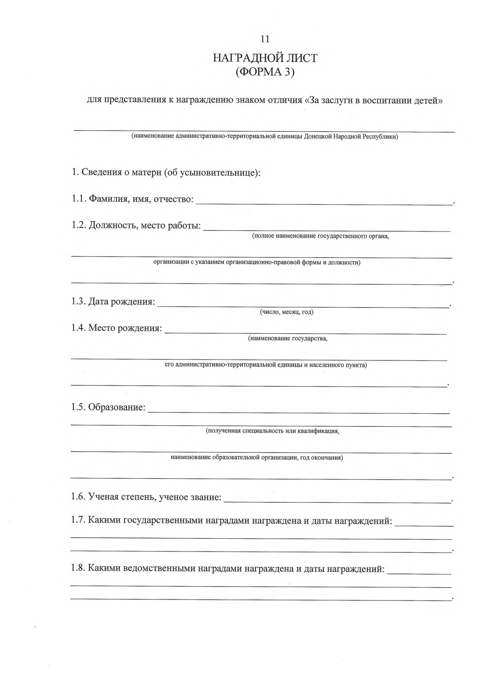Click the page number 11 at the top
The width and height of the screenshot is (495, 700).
click(265, 39)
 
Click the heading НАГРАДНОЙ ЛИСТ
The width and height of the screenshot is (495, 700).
click(265, 58)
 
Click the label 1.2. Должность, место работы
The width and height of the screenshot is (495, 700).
click(136, 225)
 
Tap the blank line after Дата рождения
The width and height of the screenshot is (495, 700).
click(303, 306)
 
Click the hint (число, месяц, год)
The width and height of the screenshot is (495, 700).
click(287, 312)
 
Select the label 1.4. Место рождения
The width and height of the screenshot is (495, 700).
click(117, 328)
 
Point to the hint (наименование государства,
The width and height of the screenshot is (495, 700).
click(288, 339)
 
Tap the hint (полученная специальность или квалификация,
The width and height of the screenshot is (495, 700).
click(273, 431)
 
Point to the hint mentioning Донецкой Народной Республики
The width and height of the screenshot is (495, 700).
click(265, 137)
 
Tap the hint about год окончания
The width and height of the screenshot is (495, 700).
click(257, 457)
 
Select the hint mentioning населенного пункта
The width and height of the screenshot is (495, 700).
click(265, 365)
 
